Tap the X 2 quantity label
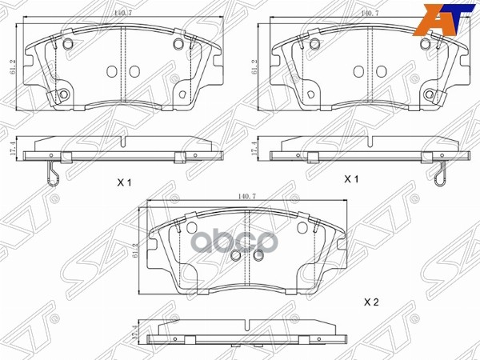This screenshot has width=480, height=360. click(x=371, y=302)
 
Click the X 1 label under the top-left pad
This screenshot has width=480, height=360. click(x=124, y=182)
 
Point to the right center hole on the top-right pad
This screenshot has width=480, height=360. click(x=382, y=68)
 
